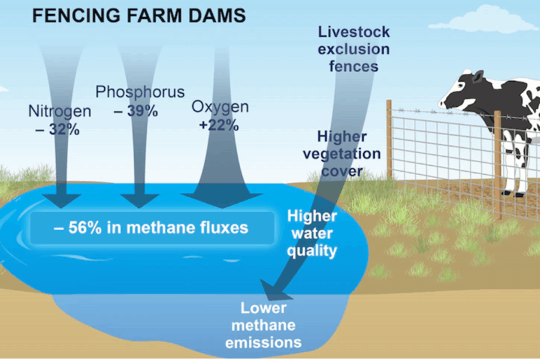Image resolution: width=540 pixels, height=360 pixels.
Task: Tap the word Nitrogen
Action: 60,111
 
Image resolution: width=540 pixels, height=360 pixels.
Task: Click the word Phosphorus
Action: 140,92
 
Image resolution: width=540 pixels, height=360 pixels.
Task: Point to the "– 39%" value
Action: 136,111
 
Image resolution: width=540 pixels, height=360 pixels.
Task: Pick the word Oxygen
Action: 220,107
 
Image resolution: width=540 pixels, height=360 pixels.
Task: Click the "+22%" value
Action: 219,125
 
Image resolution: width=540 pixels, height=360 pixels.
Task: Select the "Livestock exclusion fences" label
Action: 354,48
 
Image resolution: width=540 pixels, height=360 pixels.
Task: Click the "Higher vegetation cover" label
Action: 349,154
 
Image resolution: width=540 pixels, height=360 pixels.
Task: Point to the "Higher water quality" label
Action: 311,233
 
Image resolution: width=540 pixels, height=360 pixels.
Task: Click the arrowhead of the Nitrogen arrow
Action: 63,199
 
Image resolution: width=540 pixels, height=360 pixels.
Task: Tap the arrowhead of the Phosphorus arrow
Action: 139,199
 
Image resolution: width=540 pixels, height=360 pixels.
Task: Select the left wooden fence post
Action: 389,138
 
